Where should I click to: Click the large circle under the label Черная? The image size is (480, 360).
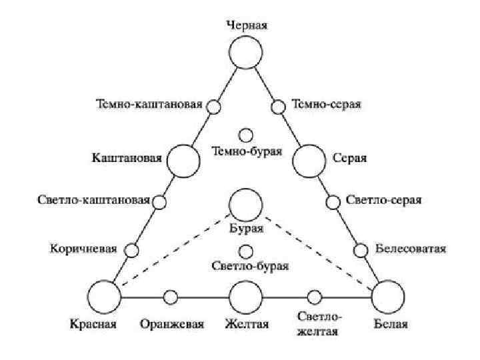click(246, 52)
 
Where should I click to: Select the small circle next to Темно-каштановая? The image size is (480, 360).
click(213, 106)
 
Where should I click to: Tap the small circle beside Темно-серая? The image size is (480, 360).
click(279, 106)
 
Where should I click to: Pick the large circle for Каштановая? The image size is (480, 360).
click(183, 161)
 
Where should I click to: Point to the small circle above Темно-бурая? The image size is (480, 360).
click(246, 135)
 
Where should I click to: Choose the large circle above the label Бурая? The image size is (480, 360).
click(246, 204)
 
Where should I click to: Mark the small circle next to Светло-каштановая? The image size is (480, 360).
click(160, 201)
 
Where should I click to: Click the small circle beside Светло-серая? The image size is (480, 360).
click(332, 201)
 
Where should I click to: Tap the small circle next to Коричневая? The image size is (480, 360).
click(132, 250)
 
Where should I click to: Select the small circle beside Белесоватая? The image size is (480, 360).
click(360, 250)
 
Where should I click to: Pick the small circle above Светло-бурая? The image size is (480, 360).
click(246, 251)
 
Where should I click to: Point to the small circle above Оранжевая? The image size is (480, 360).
click(171, 297)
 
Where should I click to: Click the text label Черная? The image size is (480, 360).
click(247, 25)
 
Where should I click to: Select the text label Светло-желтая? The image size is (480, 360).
click(319, 325)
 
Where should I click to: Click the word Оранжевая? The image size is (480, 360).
click(171, 325)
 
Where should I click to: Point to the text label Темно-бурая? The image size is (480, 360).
click(247, 151)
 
